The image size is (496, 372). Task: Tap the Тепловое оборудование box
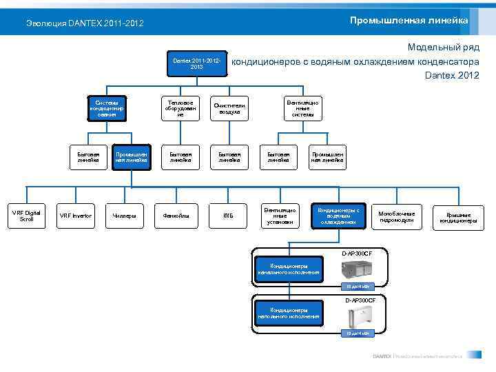click(180, 109)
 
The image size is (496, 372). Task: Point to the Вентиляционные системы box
click(302, 109)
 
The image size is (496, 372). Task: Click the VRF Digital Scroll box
click(26, 216)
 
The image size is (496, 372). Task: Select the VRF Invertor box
click(75, 216)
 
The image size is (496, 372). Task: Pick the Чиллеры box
click(124, 216)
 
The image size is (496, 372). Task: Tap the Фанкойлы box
click(176, 216)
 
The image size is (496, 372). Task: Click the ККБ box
click(228, 216)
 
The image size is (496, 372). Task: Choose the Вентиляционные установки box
click(280, 216)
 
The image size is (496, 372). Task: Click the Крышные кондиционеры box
click(458, 216)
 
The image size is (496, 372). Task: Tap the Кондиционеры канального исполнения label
click(289, 269)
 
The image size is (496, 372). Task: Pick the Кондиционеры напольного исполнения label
click(289, 313)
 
